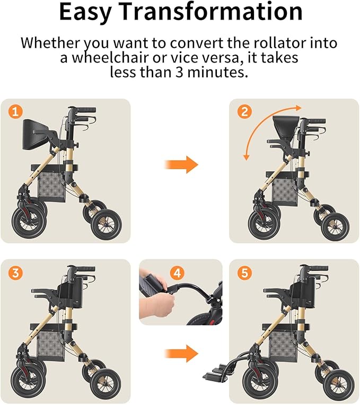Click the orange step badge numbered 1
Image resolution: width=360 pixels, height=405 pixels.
point(16,112)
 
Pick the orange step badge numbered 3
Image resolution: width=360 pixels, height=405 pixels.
point(16,272)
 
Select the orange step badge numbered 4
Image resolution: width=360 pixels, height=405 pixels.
point(178,273)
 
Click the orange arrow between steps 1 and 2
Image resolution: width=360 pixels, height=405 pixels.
point(180,164)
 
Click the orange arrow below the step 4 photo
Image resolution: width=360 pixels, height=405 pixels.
point(180,353)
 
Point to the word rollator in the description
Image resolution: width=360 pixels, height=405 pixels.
point(268,42)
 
